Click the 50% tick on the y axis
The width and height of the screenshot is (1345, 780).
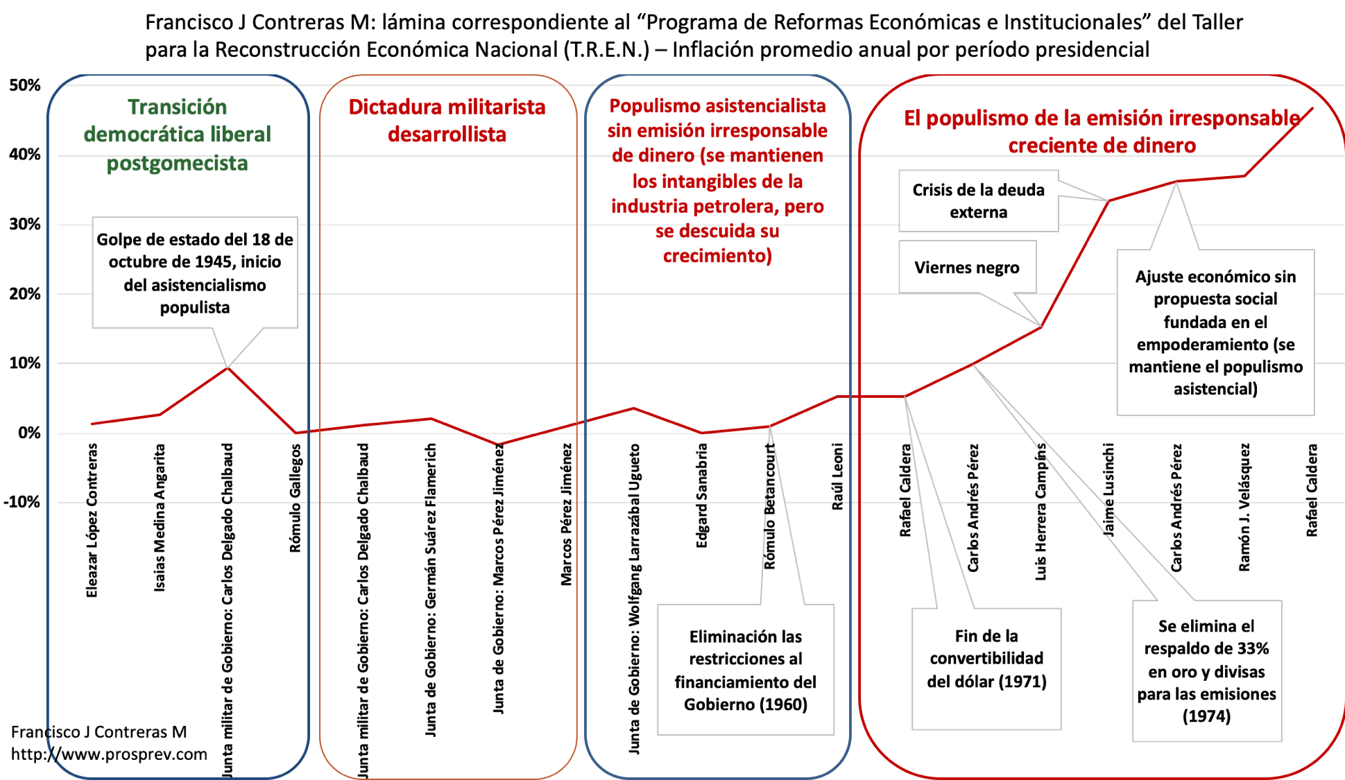point(25,85)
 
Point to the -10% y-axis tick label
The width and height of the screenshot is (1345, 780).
point(22,502)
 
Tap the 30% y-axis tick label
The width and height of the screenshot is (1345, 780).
point(25,225)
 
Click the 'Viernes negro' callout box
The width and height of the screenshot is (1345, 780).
point(967,268)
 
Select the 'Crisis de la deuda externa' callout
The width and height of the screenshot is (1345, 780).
point(978,201)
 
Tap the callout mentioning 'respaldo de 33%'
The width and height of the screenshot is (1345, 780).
point(1206,670)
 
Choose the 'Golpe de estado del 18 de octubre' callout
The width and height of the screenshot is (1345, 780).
point(195,273)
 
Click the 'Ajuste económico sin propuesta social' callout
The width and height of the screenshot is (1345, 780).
point(1215,333)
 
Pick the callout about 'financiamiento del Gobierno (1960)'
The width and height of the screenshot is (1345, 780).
point(746,670)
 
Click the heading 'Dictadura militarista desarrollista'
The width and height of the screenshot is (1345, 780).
point(447,121)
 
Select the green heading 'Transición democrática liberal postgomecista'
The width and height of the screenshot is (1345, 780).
point(178,135)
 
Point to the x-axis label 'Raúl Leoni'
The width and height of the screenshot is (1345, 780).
point(837,477)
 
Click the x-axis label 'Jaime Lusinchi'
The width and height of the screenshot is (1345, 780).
point(1108,489)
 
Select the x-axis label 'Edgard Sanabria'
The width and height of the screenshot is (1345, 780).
point(702,496)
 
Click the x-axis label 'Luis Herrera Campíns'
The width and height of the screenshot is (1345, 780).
point(1040,512)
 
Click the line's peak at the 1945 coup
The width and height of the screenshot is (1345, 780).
point(228,367)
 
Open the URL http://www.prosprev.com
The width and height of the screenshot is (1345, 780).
point(109,754)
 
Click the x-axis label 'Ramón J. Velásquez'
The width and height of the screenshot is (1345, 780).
point(1244,508)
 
